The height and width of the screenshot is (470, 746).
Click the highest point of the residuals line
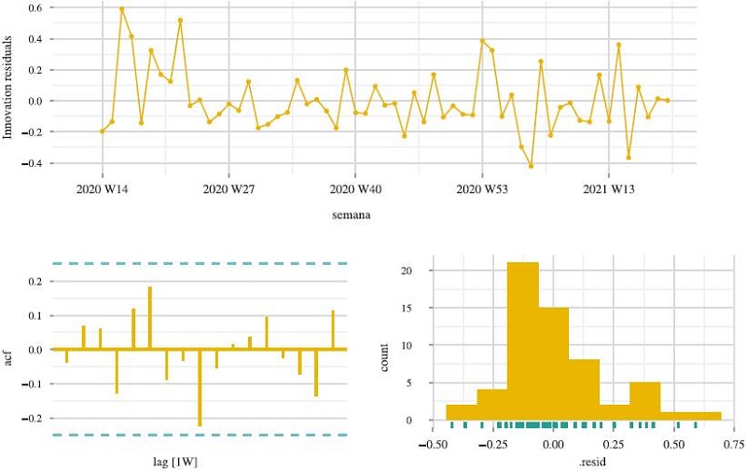click(x=121, y=9)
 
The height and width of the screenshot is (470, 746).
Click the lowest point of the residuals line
click(x=531, y=166)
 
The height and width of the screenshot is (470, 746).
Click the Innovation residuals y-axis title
click(x=9, y=84)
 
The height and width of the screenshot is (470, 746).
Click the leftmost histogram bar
click(x=462, y=412)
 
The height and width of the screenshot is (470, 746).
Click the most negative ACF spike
click(x=200, y=387)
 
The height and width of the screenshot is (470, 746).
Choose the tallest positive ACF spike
click(x=149, y=318)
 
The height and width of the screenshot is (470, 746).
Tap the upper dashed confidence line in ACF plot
click(x=200, y=264)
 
